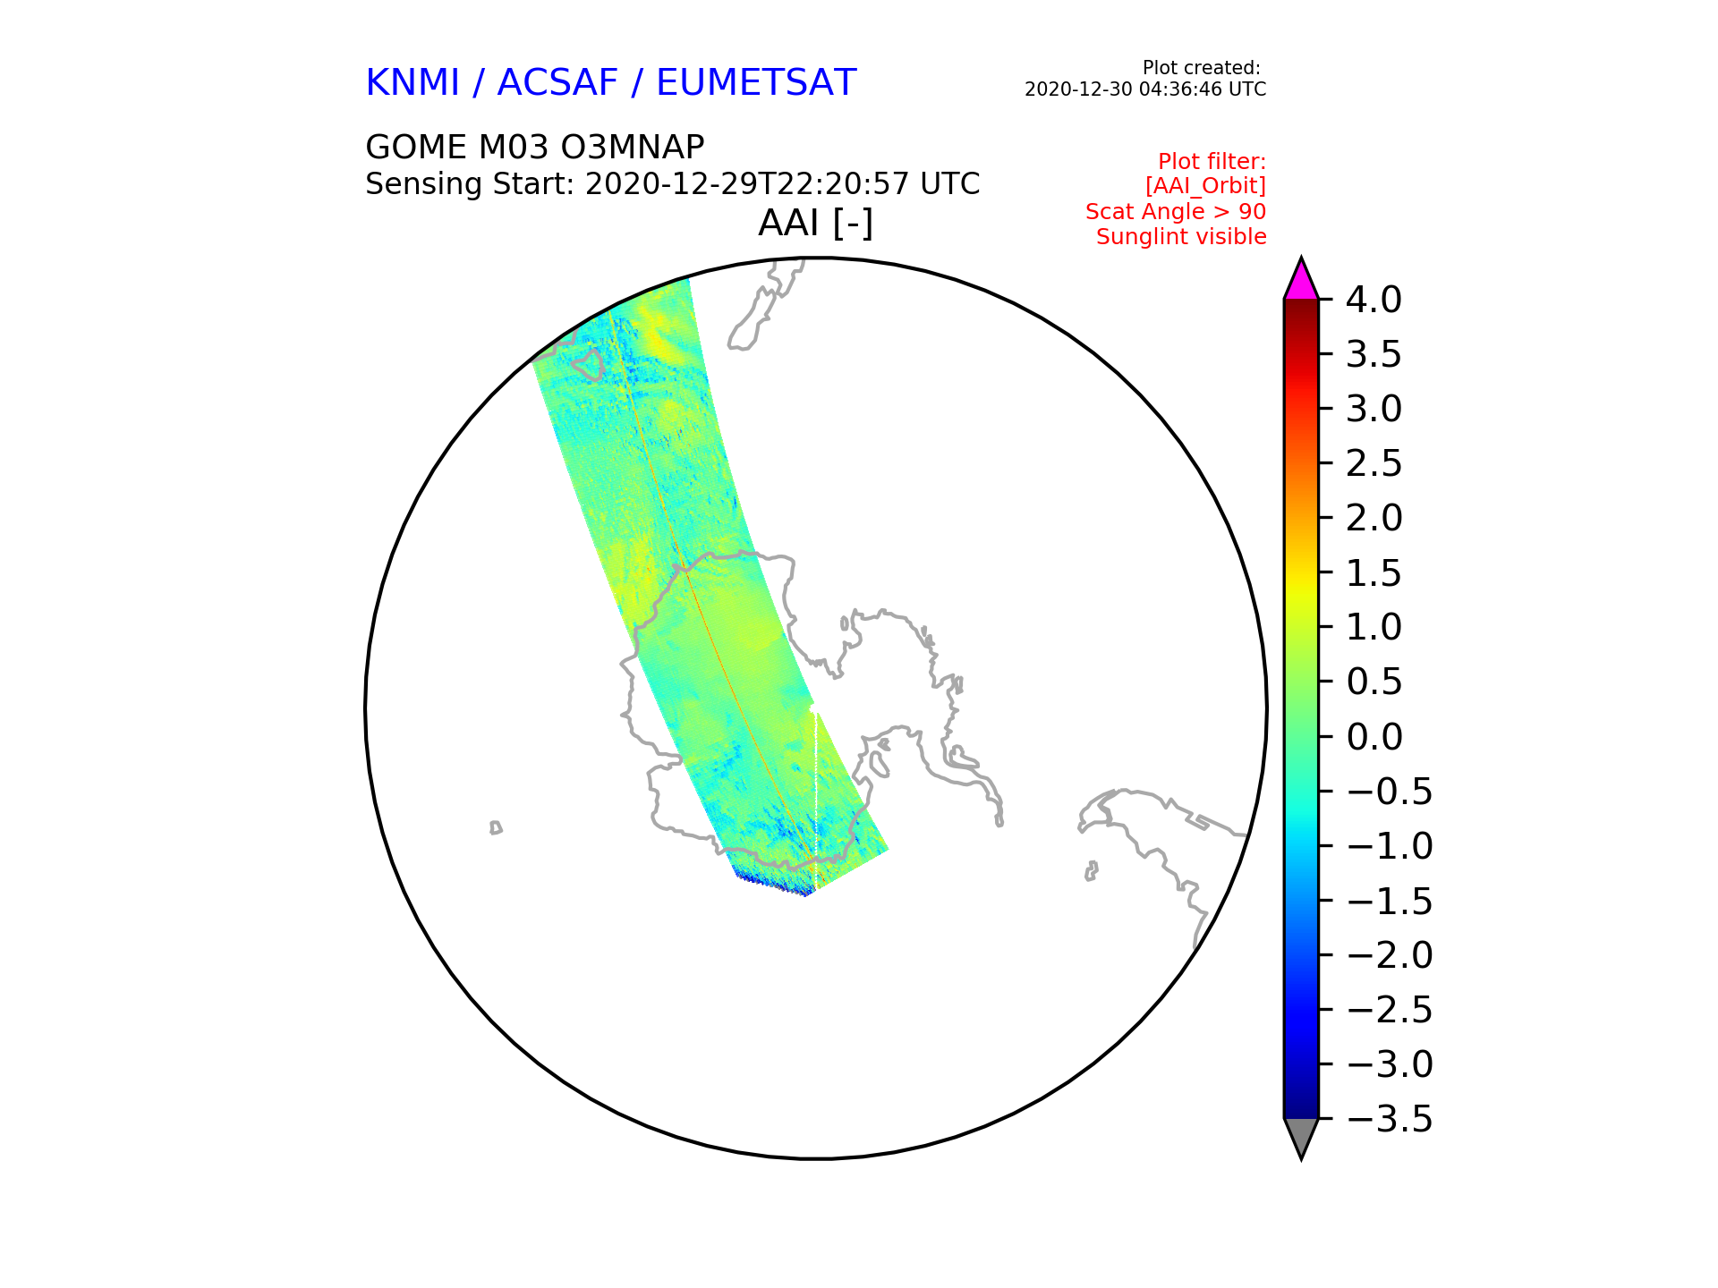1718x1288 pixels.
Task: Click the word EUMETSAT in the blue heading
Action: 756,82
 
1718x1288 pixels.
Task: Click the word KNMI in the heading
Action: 412,82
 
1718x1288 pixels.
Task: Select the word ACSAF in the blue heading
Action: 557,82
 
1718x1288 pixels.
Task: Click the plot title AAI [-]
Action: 815,223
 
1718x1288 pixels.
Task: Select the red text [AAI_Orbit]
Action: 1205,186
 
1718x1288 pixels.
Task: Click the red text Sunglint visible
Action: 1181,237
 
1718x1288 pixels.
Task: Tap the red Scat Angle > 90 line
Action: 1176,212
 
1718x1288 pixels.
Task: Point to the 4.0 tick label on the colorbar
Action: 1374,300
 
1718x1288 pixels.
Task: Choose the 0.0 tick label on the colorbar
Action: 1374,737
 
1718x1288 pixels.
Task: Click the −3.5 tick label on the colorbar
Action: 1389,1119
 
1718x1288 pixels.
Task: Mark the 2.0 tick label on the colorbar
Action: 1374,518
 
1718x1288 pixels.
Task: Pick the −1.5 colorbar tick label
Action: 1389,901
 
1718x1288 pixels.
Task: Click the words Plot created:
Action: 1202,68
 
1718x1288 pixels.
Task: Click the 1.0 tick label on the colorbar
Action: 1374,627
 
